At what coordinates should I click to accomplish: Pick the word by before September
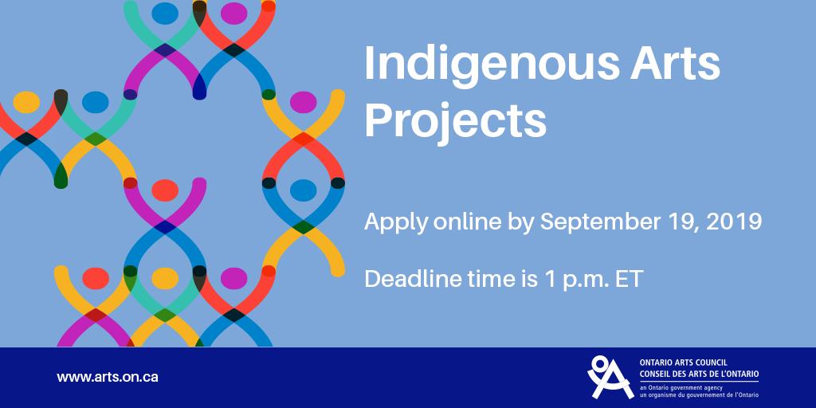click(x=522, y=222)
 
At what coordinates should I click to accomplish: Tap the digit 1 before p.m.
click(x=544, y=279)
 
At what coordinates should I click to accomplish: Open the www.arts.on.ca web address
click(x=107, y=377)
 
